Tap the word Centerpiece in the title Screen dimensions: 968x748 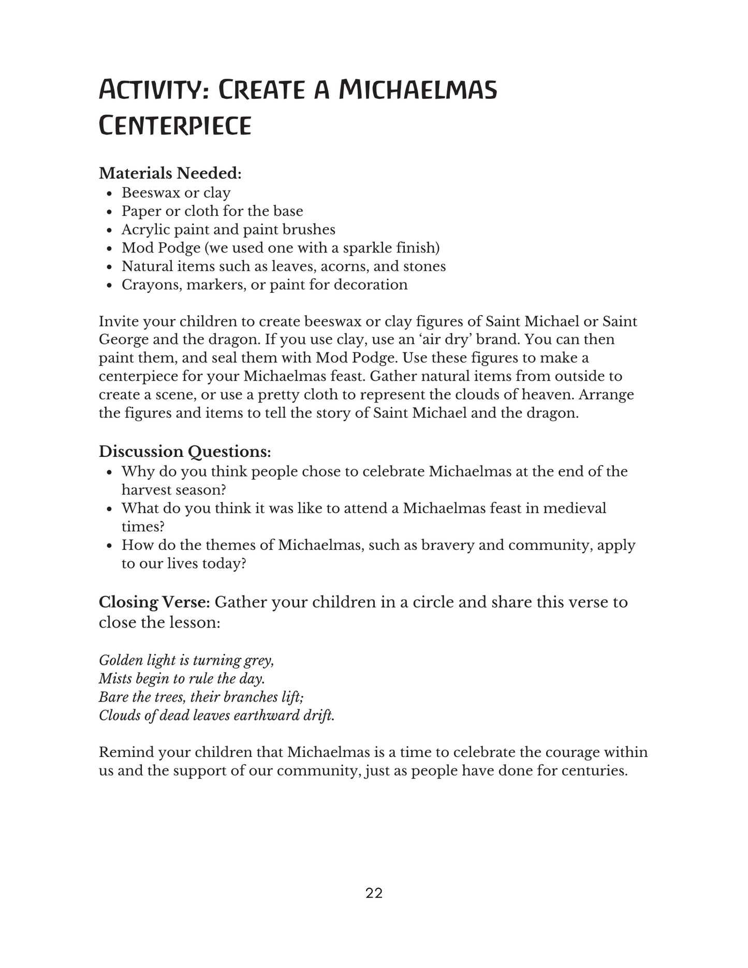(x=175, y=126)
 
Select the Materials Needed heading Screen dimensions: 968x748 (x=170, y=173)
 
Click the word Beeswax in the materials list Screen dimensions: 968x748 (x=151, y=193)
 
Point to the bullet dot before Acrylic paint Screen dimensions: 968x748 (x=109, y=231)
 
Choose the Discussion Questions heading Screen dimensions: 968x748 (x=185, y=452)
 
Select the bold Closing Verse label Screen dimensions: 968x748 (x=154, y=602)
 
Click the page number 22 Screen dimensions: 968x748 (x=374, y=893)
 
